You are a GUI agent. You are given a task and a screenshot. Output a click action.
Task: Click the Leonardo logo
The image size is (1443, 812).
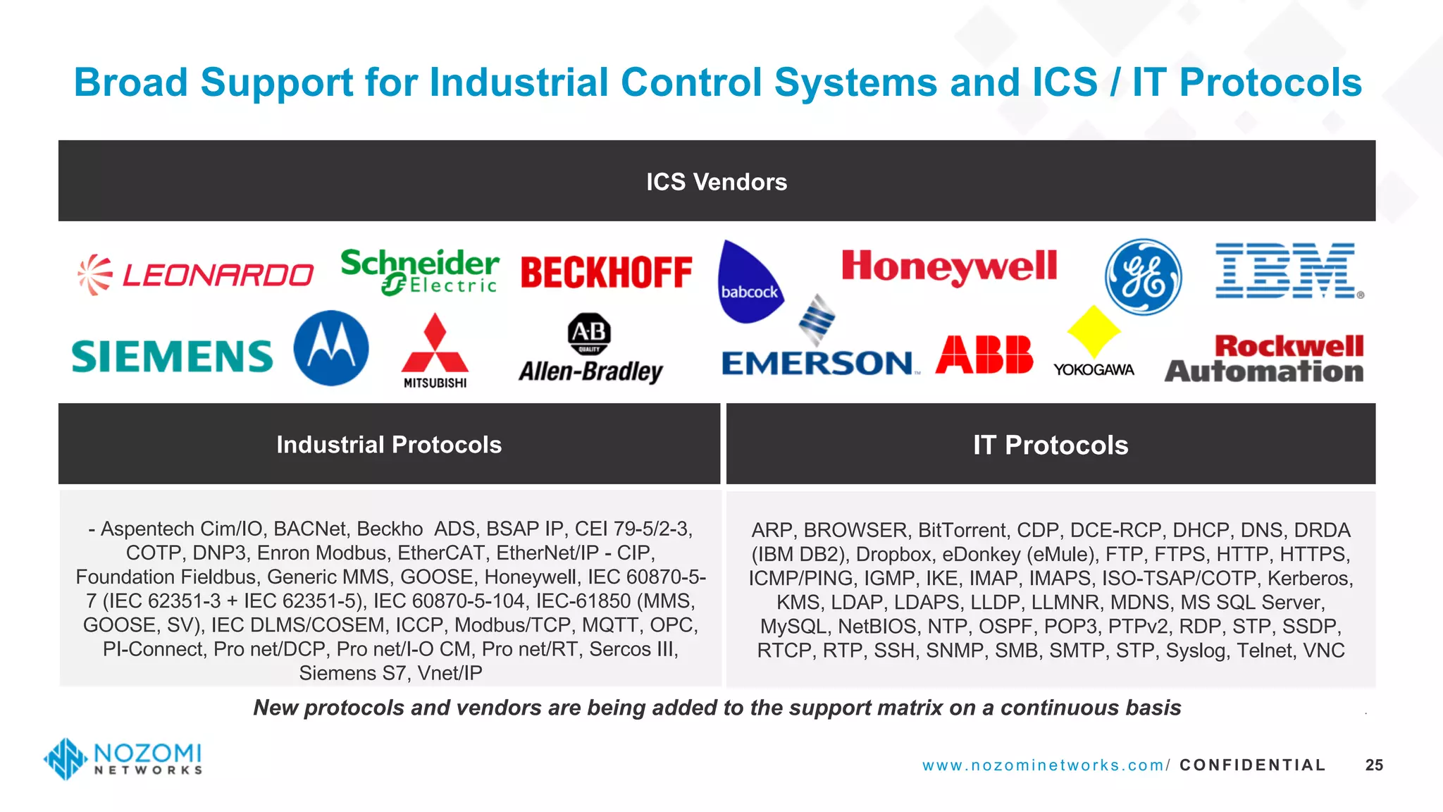196,274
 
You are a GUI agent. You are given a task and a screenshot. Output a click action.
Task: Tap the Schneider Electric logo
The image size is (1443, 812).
420,272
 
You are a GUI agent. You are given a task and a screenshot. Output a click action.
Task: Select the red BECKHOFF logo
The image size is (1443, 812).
607,273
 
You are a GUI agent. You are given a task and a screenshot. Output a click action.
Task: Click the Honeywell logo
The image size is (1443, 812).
949,266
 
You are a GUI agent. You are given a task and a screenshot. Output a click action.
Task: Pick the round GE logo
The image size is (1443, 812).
1143,277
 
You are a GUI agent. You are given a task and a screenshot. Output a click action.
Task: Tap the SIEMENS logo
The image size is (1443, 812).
173,356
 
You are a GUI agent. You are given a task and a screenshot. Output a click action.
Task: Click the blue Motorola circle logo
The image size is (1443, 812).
331,348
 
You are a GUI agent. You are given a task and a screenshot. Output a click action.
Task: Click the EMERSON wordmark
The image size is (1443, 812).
817,363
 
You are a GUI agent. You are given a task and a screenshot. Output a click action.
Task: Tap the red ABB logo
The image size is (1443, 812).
984,354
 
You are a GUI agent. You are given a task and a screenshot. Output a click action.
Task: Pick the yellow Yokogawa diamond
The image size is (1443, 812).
1094,331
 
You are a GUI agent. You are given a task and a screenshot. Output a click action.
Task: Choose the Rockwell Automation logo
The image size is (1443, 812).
1265,359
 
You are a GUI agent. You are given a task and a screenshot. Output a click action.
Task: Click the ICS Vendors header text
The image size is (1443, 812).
717,182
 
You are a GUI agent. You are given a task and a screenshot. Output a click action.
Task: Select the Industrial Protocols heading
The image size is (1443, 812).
389,445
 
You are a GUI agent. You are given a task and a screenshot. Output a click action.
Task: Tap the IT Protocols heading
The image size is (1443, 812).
1051,445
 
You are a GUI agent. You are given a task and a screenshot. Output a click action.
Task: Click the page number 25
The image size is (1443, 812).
1374,765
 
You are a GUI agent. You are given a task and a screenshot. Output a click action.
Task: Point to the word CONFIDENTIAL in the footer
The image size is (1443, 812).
1252,765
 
